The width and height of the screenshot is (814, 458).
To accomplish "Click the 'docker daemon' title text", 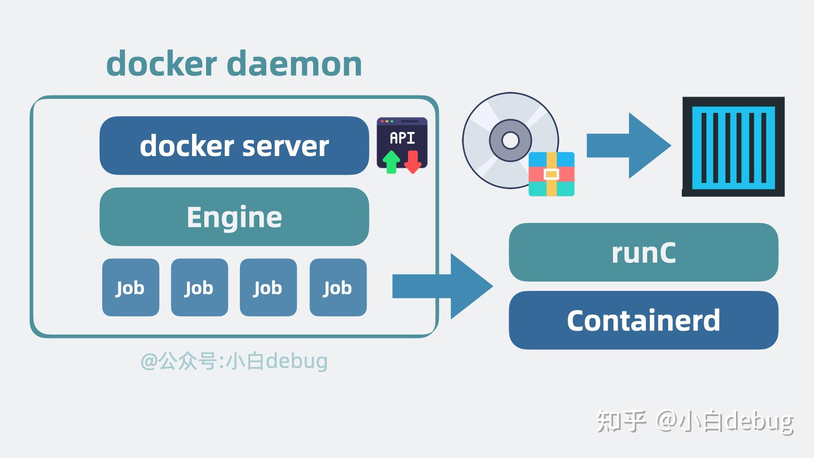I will coord(234,64).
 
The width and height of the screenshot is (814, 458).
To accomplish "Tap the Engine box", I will coord(234,217).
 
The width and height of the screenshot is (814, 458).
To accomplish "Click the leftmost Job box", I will coord(131,288).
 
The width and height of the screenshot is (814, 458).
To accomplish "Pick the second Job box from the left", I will coord(199,288).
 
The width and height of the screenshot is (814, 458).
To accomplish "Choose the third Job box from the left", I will coord(268,288).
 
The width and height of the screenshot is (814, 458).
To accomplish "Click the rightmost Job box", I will coord(338,288).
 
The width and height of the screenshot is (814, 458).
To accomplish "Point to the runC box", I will coord(643,252).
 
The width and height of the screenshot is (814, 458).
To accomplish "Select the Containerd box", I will coord(643,320).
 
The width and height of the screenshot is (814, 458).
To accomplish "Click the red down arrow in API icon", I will coord(413,162).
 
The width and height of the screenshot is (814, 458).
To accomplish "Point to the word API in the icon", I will coord(402,138).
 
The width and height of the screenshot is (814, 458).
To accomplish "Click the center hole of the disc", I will coord(510,140).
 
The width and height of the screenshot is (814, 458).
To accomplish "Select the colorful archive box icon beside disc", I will coord(551,174).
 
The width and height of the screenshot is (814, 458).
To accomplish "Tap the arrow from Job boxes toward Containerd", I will coord(443,286).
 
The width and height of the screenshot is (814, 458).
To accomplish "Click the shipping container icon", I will coord(733,147).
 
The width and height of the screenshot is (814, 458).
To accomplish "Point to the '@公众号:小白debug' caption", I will coord(234,361).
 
